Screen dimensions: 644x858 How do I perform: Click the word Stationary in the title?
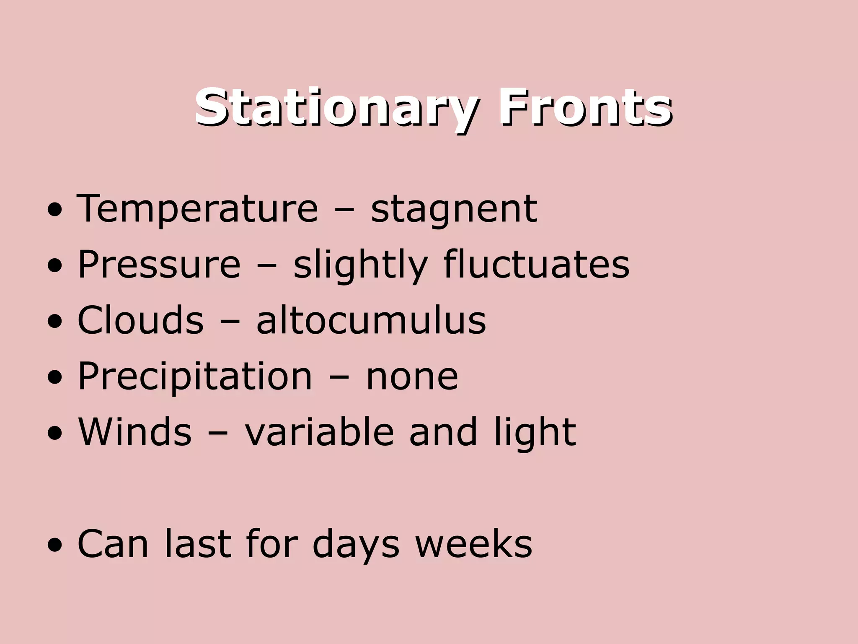335,108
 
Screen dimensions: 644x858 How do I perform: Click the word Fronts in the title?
585,108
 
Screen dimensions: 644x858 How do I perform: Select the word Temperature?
197,209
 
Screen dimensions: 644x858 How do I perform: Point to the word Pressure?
159,265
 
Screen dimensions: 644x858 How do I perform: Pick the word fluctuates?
536,265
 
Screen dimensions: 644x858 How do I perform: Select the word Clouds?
140,320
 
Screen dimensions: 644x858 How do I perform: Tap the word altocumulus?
371,320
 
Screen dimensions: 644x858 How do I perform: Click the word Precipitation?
195,377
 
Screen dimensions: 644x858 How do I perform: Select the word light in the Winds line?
535,433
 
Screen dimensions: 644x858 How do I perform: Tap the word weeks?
473,544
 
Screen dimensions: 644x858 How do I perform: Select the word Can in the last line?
113,544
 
